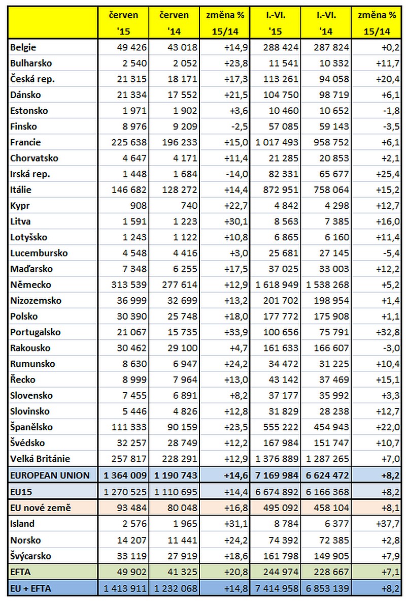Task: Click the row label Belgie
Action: click(23, 48)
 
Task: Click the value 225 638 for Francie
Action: click(129, 142)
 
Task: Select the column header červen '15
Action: click(123, 23)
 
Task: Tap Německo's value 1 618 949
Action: click(277, 285)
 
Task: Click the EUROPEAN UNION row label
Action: click(50, 476)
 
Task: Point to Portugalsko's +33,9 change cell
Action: click(236, 332)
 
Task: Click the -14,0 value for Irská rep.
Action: click(236, 174)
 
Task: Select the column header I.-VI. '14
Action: click(326, 23)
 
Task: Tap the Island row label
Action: click(22, 524)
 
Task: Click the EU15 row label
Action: click(21, 492)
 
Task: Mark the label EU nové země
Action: click(41, 508)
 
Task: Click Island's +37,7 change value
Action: click(388, 524)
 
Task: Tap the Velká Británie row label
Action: click(40, 459)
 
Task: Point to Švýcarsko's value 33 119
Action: click(132, 556)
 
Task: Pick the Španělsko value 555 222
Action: click(281, 427)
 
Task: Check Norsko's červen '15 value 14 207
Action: click(132, 541)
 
